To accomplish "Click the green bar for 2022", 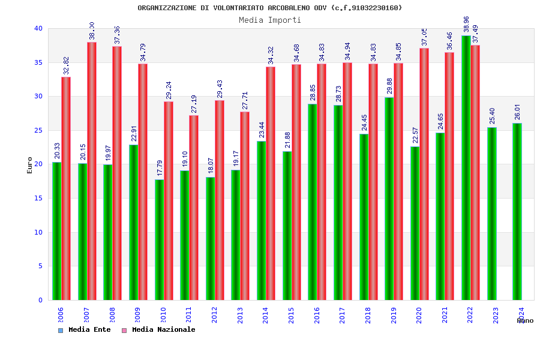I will point(466,168).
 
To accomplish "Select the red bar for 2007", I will point(92,171).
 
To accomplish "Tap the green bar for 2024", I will point(517,211).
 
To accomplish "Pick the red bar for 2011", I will point(194,208).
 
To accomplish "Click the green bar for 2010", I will point(159,239).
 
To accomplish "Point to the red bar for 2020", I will point(424,174).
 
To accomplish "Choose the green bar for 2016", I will point(312,202).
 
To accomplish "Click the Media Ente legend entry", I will point(85,329).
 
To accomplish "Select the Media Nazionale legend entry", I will point(159,329).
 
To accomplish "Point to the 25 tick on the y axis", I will point(38,130).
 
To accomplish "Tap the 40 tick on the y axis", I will point(38,28).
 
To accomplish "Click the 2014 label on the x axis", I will point(266,316).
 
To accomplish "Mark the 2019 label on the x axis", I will point(394,316).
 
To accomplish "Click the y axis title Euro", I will point(30,164).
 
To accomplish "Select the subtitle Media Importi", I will point(270,20).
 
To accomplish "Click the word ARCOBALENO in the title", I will point(290,8).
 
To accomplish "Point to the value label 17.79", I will point(160,168).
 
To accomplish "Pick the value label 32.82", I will point(67,66).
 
